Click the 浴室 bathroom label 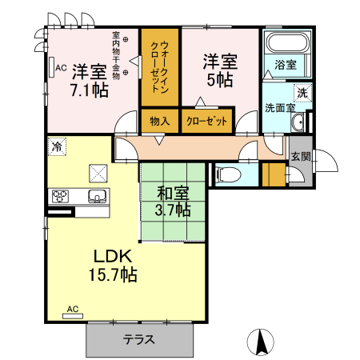[285, 65]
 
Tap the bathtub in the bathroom [284, 44]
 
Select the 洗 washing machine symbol [302, 93]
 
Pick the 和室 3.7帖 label [173, 202]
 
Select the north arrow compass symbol [261, 342]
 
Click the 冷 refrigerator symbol [57, 146]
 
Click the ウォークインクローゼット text [159, 66]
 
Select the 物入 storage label [159, 121]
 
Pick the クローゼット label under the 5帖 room [206, 121]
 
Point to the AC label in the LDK [72, 309]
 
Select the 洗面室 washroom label [279, 108]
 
